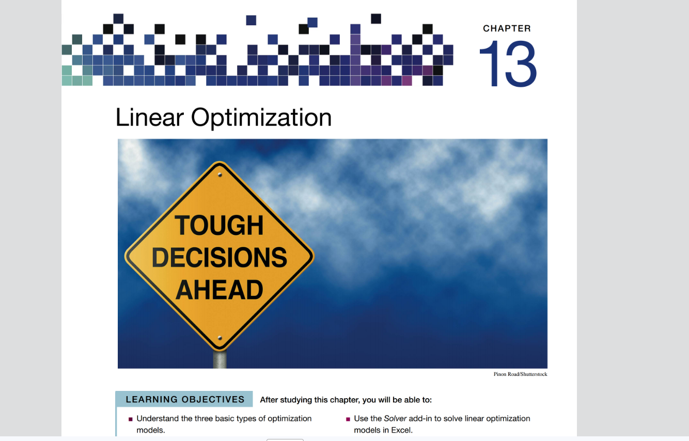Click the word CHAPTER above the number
[x=507, y=28]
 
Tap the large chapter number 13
[x=508, y=64]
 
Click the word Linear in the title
[x=149, y=117]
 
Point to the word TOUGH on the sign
[x=219, y=226]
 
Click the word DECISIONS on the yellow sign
[x=220, y=257]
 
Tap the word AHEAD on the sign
[x=220, y=290]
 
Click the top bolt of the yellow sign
[x=220, y=175]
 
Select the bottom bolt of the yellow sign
[x=220, y=338]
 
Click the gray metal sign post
[x=220, y=359]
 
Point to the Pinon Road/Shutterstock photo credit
[x=521, y=374]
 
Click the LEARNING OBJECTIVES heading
[x=185, y=400]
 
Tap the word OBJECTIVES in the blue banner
[x=213, y=400]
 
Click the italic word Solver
[x=395, y=419]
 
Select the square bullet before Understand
[x=131, y=419]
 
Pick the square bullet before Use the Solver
[x=348, y=419]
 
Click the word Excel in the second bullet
[x=401, y=430]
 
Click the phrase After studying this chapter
[x=310, y=400]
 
